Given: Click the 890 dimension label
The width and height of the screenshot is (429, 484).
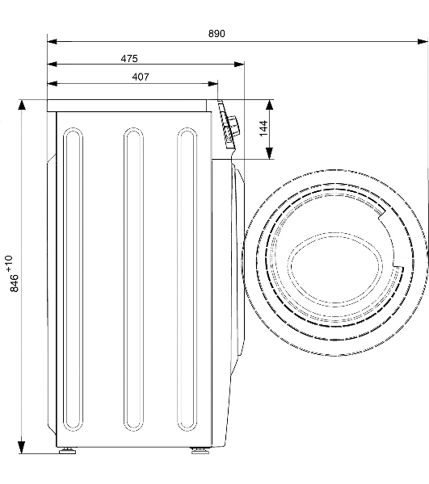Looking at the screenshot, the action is coord(217,33).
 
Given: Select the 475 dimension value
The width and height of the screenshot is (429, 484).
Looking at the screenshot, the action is coord(129,58).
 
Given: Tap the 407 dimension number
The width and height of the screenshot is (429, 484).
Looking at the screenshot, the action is coord(141,77).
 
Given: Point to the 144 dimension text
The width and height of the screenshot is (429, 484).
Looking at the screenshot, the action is coord(263,128).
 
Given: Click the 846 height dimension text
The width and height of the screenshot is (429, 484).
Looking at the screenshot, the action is coord(15,283).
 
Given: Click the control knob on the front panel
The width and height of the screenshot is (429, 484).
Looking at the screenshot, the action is coord(233,125).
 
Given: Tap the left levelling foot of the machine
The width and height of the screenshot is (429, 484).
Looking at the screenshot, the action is coord(67,451).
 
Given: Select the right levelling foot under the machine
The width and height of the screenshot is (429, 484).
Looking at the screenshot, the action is coord(200,451).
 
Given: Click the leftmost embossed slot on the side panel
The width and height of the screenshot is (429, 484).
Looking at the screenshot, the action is coord(73,279).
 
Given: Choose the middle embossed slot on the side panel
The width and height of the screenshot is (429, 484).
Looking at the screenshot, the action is coord(133,279).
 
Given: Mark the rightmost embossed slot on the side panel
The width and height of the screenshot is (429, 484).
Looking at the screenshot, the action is coord(187,279).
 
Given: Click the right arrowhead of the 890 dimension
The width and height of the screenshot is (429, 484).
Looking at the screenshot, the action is coord(423,41).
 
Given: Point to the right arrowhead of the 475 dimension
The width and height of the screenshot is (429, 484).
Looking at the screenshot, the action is coord(239,65).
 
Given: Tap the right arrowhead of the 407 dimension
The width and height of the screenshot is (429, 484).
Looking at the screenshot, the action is coord(213,84).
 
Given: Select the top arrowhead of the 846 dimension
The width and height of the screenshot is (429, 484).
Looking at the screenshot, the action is coord(21,105).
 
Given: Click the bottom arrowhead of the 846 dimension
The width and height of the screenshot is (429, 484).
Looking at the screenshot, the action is coord(21,447).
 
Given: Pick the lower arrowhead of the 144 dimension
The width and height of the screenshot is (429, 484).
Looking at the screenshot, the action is coord(270,153).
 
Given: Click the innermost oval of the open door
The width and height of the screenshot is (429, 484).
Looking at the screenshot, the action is coord(335,268).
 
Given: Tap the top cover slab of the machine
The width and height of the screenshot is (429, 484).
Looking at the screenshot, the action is coord(127,106).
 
